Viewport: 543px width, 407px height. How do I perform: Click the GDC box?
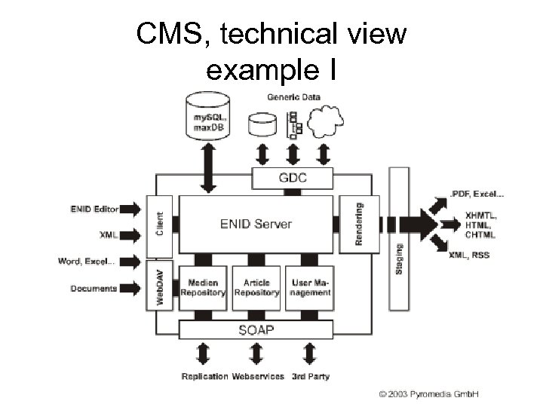click(x=293, y=179)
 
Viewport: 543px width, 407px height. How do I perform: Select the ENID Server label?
click(x=256, y=224)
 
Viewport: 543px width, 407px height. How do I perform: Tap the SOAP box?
click(x=256, y=329)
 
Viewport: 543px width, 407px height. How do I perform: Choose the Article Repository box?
click(x=256, y=287)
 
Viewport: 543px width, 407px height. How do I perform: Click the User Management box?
click(x=310, y=287)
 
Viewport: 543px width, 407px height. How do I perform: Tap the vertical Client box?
click(x=159, y=224)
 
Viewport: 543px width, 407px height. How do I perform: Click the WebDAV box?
click(x=159, y=285)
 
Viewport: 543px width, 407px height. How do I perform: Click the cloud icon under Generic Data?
click(x=327, y=120)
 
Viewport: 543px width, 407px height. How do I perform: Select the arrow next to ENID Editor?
click(x=130, y=209)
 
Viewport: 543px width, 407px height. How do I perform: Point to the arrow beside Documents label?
click(x=130, y=289)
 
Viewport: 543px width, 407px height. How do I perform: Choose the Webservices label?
click(x=258, y=376)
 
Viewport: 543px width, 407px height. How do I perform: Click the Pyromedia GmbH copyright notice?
click(x=434, y=393)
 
